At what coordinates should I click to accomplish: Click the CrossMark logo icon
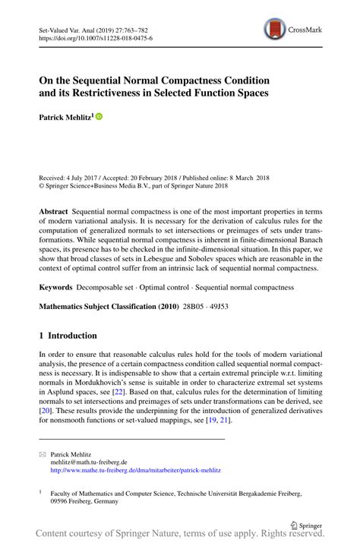click(x=273, y=30)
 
